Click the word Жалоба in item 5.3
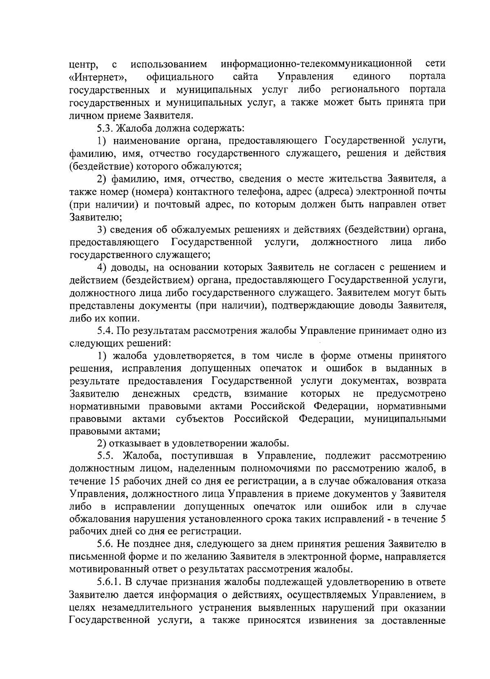(x=135, y=128)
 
